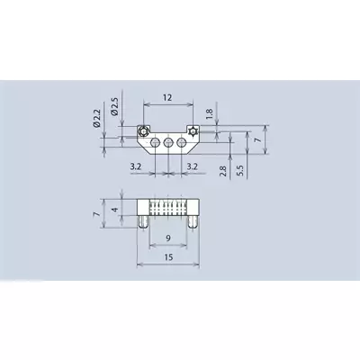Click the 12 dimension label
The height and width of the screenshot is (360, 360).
click(167, 97)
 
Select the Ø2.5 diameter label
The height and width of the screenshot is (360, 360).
click(114, 106)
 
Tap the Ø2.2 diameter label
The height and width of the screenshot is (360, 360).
click(96, 119)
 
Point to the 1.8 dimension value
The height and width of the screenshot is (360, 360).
click(210, 113)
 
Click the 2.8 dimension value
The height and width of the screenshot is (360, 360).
click(223, 171)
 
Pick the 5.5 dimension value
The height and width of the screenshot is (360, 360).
click(240, 171)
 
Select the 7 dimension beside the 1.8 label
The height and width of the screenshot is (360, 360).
click(258, 139)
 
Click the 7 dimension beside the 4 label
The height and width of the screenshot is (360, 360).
click(96, 214)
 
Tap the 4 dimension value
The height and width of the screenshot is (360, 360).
click(115, 210)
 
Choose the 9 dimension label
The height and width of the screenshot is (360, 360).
click(168, 238)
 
